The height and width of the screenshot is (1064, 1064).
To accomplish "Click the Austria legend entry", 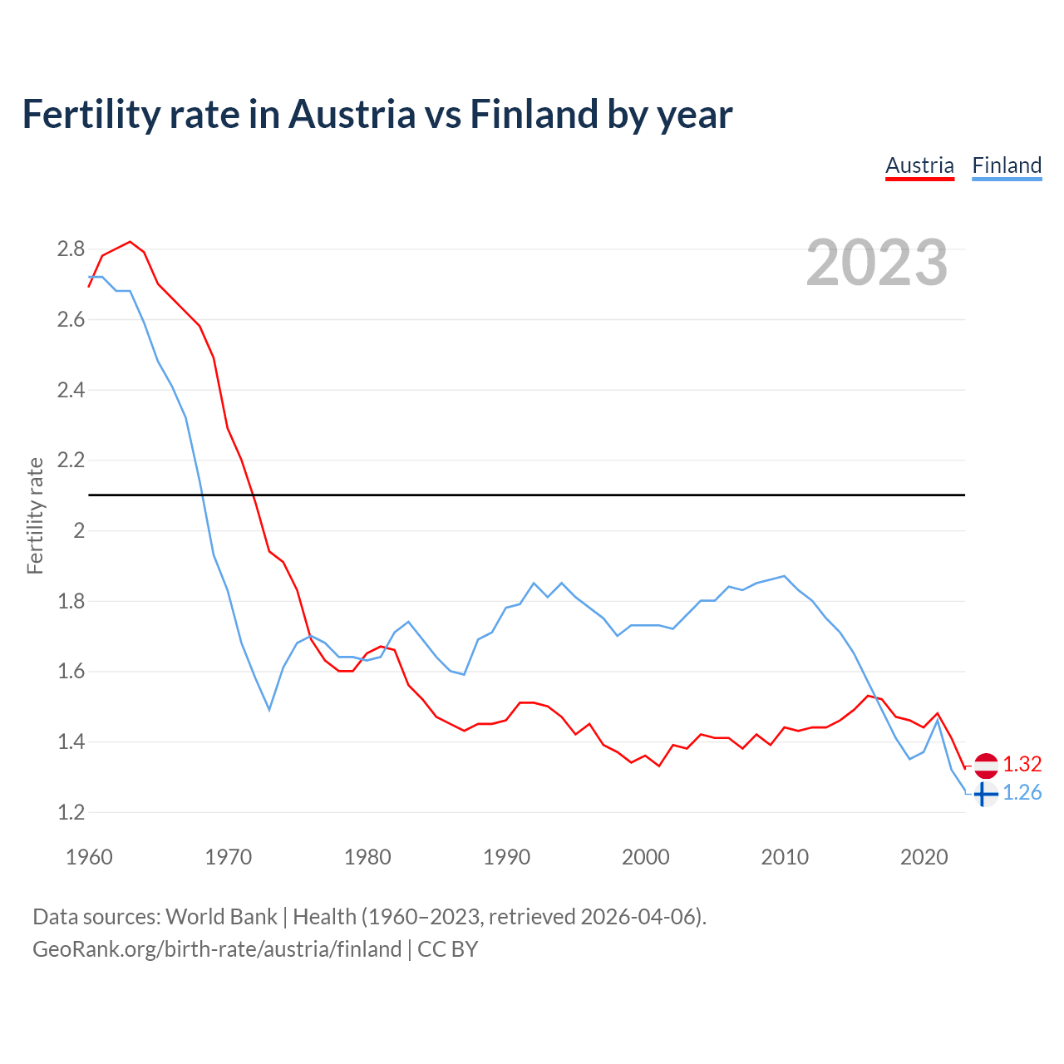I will pyautogui.click(x=919, y=165).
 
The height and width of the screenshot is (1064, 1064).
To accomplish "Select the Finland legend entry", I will pyautogui.click(x=1007, y=165).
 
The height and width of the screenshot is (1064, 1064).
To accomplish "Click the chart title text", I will pyautogui.click(x=377, y=114).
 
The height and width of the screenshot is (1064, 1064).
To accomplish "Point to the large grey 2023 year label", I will pyautogui.click(x=877, y=263).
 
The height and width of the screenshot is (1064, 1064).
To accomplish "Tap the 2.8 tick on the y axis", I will pyautogui.click(x=71, y=249).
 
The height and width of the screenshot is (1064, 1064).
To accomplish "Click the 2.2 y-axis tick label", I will pyautogui.click(x=71, y=460).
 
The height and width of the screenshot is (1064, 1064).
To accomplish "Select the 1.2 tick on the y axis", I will pyautogui.click(x=71, y=812).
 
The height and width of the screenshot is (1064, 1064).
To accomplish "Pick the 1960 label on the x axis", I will pyautogui.click(x=89, y=857).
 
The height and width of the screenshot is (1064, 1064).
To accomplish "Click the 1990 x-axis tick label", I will pyautogui.click(x=506, y=857).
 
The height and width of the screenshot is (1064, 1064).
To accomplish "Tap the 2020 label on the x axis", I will pyautogui.click(x=924, y=857).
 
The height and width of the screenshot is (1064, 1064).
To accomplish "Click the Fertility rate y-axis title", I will pyautogui.click(x=35, y=515).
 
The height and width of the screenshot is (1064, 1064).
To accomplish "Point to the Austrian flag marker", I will pyautogui.click(x=986, y=765).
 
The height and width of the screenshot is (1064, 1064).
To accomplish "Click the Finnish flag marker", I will pyautogui.click(x=985, y=794).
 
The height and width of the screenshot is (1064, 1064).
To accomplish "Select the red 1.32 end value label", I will pyautogui.click(x=1022, y=765).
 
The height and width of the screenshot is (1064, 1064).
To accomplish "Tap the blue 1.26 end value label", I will pyautogui.click(x=1022, y=793).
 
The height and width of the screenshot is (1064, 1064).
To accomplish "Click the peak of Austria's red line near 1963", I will pyautogui.click(x=131, y=242).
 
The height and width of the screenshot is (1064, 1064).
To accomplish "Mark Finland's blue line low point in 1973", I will pyautogui.click(x=269, y=709).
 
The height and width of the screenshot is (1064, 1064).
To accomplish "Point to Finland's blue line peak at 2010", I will pyautogui.click(x=785, y=575).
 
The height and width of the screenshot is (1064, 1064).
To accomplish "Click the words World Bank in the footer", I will pyautogui.click(x=221, y=917).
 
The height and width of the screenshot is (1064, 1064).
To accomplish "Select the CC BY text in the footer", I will pyautogui.click(x=447, y=949).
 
